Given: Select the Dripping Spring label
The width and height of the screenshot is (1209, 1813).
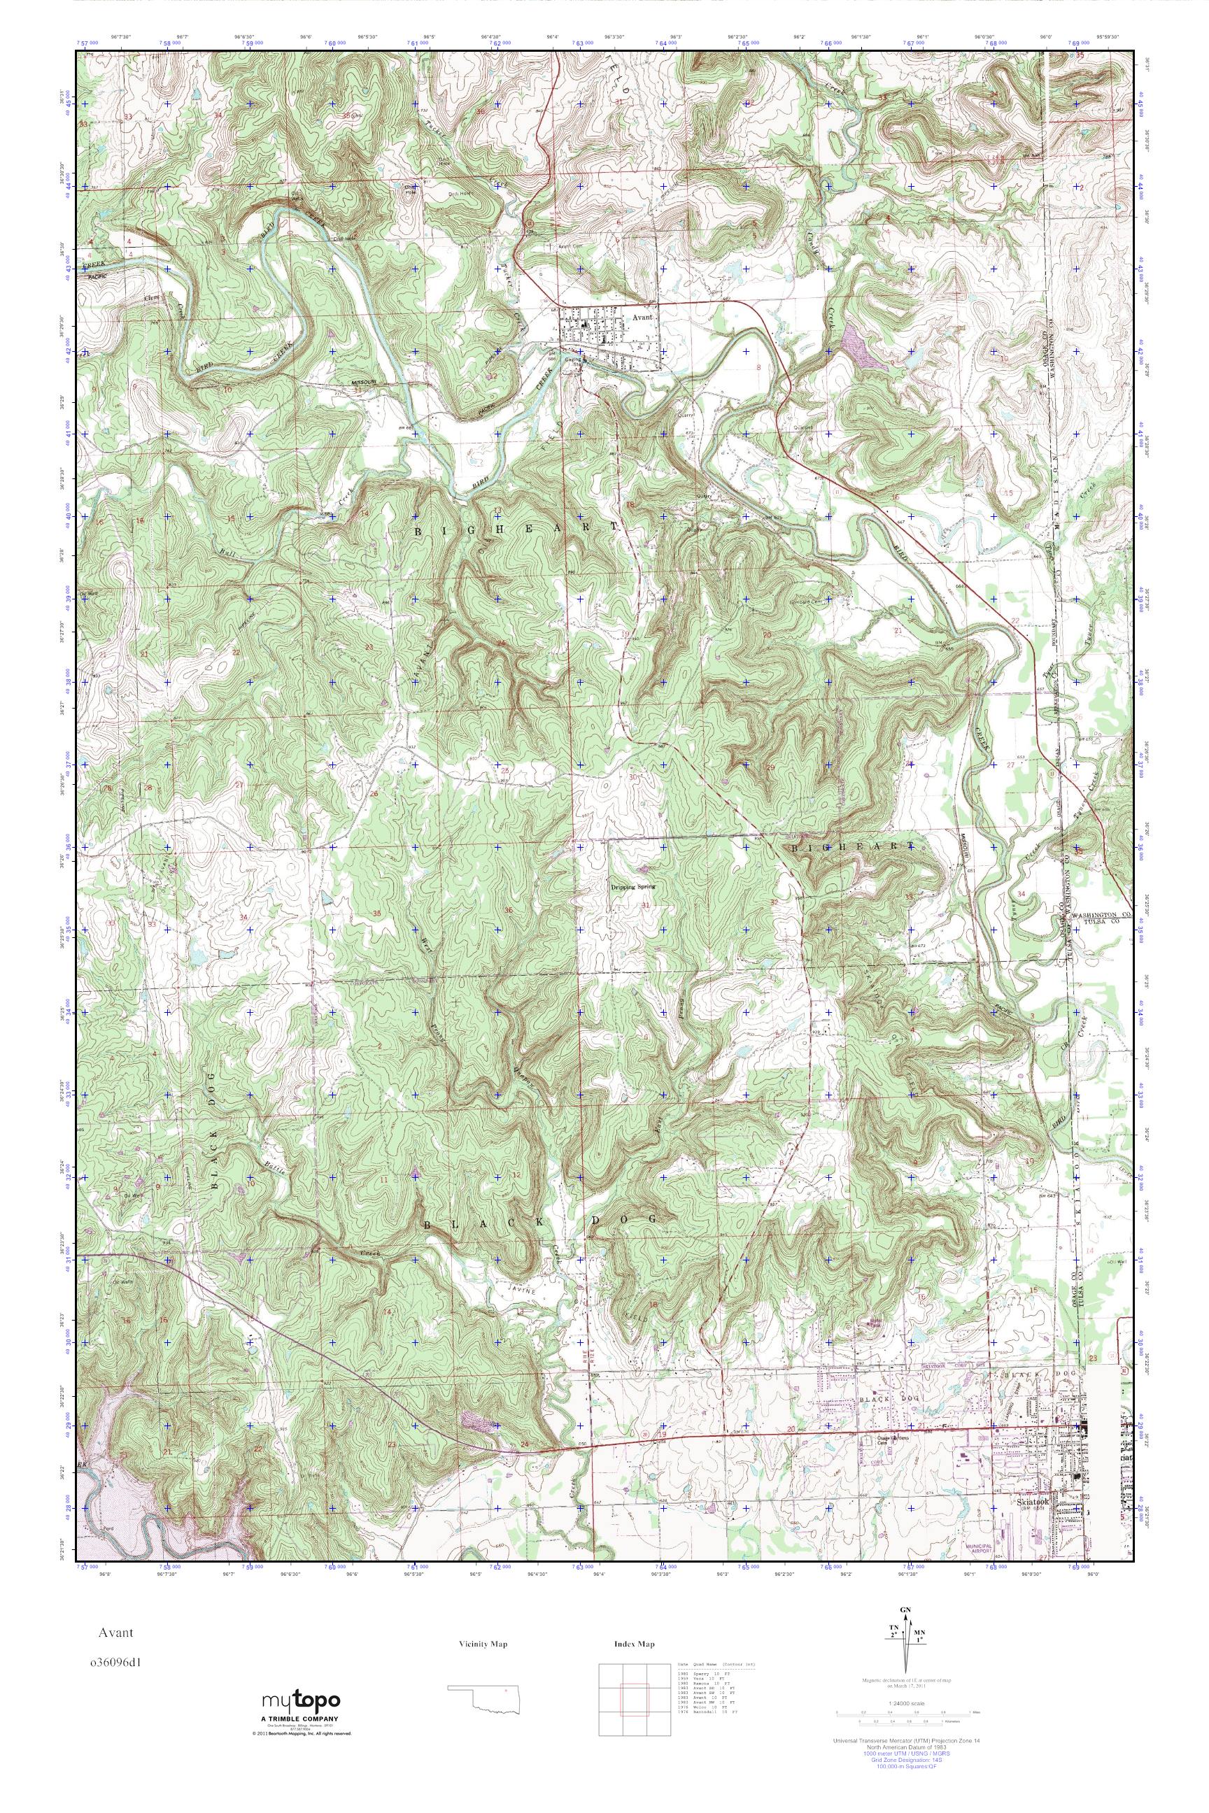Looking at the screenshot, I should (633, 887).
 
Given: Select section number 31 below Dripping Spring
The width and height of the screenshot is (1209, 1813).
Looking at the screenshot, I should (644, 905).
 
